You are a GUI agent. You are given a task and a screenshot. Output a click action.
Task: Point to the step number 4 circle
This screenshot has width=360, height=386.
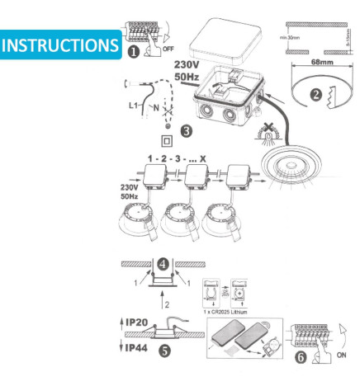163,266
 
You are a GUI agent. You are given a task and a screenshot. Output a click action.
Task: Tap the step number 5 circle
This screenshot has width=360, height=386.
165,350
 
